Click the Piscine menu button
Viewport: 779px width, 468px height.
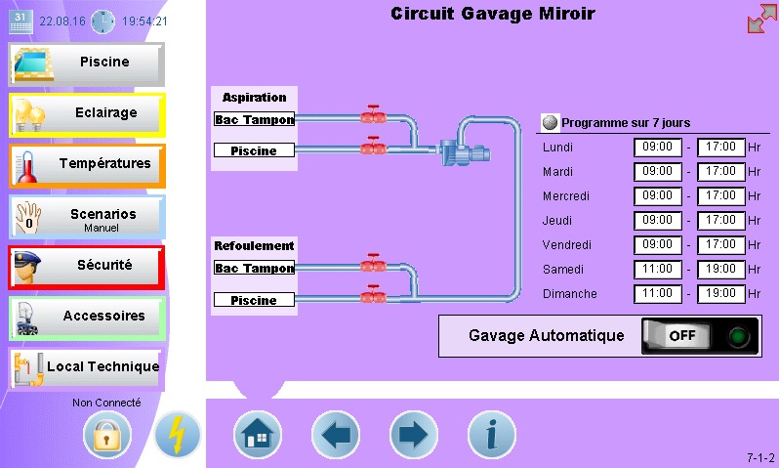[86, 64]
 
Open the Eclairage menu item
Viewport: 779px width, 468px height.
[86, 114]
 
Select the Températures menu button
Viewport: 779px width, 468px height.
[86, 164]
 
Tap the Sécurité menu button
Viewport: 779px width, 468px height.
[86, 266]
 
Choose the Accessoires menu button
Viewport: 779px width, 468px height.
[86, 317]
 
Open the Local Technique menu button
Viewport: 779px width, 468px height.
[86, 367]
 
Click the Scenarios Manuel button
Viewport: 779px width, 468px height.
[86, 216]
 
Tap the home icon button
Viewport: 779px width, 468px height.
[257, 434]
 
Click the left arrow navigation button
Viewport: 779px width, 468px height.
[335, 434]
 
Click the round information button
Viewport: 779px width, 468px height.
[491, 434]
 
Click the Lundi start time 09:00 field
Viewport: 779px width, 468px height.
[658, 148]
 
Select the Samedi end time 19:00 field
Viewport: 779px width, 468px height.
[721, 269]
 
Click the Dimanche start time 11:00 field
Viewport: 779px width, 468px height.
[658, 293]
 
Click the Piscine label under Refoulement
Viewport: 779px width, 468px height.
[254, 300]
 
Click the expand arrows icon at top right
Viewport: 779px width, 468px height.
[761, 20]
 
